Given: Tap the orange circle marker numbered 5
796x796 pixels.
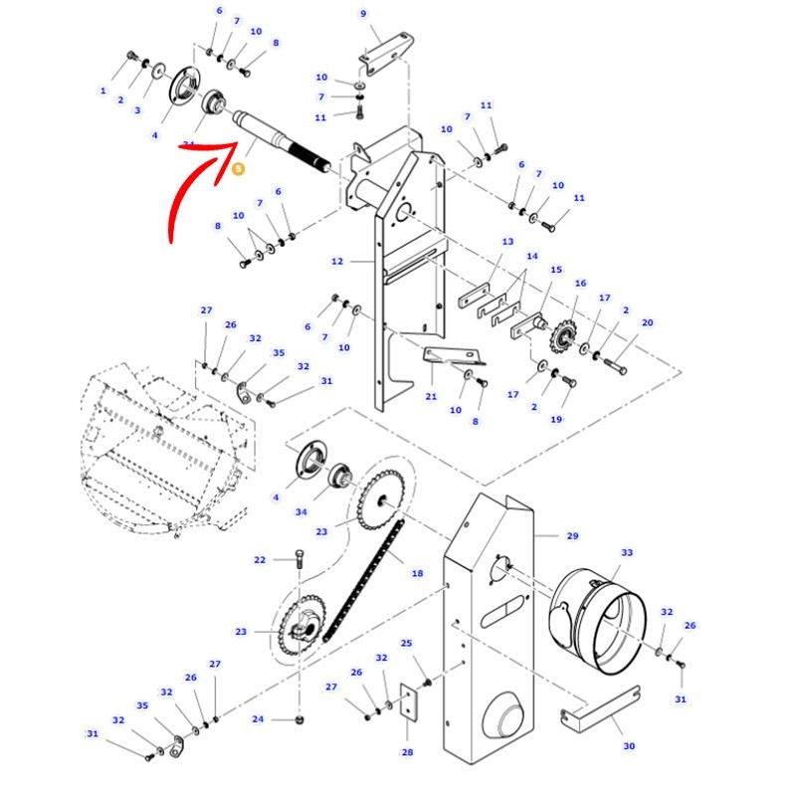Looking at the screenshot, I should [x=237, y=169].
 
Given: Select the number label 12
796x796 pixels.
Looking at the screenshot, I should [x=337, y=262].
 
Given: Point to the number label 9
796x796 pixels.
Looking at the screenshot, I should [x=363, y=14].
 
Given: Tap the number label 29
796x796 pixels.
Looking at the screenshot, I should [x=572, y=536].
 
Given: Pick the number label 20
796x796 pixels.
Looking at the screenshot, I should [x=648, y=323].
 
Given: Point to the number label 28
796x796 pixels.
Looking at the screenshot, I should [x=407, y=752].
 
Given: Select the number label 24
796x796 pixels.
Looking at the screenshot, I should [x=258, y=719].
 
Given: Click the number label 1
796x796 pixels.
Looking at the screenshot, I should [x=102, y=91].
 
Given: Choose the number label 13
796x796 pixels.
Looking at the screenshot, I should [x=507, y=242].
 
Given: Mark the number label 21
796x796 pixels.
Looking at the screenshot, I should [x=431, y=397].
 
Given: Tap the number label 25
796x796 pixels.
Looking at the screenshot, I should [x=406, y=644].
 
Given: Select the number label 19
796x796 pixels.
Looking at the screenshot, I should [x=556, y=420].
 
